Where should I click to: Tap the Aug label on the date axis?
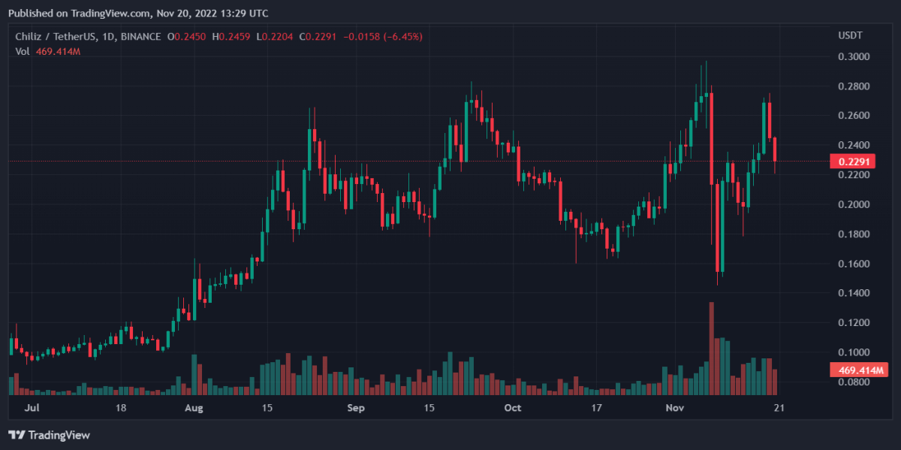pyautogui.click(x=194, y=409)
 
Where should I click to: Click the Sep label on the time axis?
pyautogui.click(x=357, y=409)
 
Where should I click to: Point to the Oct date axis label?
pyautogui.click(x=512, y=409)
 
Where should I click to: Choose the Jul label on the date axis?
pyautogui.click(x=32, y=409)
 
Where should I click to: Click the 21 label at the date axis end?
pyautogui.click(x=779, y=409)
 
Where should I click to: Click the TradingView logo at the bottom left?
pyautogui.click(x=49, y=435)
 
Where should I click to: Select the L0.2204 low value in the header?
pyautogui.click(x=276, y=36)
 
